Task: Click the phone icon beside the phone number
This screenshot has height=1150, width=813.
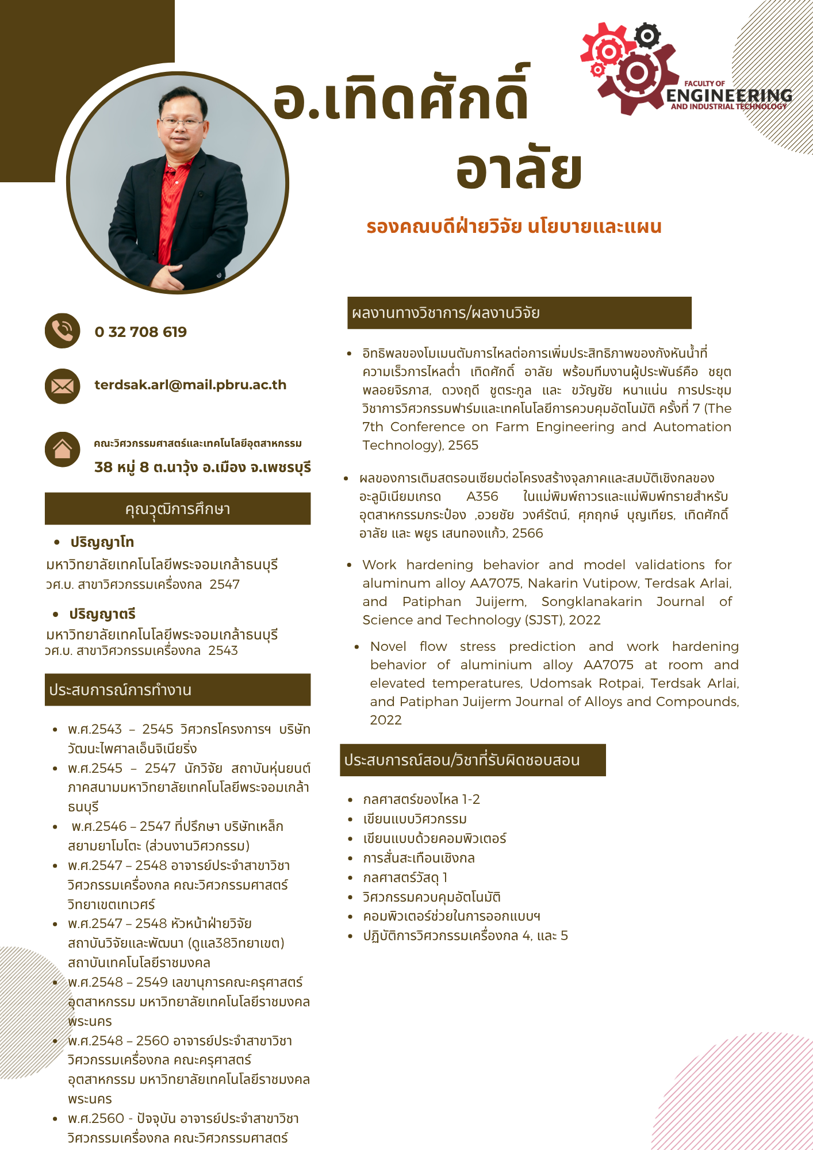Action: point(62,331)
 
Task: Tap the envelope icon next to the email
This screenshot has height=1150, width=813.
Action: point(62,386)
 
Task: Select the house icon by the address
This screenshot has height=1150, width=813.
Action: point(62,449)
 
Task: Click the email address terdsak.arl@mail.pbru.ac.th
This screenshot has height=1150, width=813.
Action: point(190,385)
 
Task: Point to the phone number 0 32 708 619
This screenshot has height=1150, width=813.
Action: point(141,332)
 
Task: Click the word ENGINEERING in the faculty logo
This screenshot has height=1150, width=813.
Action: point(729,95)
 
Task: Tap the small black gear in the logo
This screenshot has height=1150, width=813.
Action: point(647,36)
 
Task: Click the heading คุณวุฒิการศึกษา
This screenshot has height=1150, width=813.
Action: point(178,509)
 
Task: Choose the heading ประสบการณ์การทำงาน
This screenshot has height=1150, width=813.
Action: point(120,690)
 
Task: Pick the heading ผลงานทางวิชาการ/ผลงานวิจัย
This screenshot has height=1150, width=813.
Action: point(446,313)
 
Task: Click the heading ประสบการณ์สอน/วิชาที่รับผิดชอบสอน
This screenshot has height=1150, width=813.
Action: point(462,760)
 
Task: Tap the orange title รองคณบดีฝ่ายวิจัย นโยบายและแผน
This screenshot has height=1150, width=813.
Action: point(513,227)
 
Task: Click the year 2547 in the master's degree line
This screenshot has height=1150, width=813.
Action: point(224,584)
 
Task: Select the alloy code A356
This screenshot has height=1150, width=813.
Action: point(482,496)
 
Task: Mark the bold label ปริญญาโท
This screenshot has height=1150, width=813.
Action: point(102,542)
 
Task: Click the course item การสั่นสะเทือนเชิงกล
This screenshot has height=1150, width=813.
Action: point(419,858)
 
